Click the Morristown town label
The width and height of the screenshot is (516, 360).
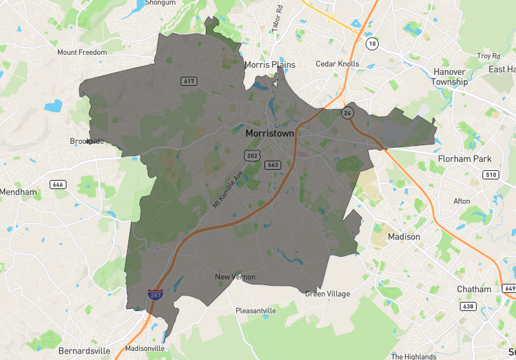[270, 134]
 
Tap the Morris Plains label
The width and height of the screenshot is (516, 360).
[270, 65]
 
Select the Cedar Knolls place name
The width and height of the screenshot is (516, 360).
[337, 64]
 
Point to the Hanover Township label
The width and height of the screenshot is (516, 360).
[450, 77]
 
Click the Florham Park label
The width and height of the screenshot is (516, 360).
[464, 159]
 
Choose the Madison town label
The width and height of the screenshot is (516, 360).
[404, 237]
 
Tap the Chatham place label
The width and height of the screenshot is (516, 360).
[474, 289]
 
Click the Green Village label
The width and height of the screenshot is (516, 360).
[328, 294]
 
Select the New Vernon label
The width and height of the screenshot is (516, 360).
[235, 277]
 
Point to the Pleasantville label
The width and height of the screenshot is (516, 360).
[256, 310]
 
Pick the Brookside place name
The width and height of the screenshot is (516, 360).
[86, 141]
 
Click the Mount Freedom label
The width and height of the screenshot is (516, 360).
[82, 52]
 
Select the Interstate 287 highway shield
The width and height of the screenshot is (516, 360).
[155, 294]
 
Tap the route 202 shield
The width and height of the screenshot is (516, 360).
[252, 155]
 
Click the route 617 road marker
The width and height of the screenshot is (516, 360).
[189, 81]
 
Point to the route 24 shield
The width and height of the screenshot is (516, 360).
[348, 113]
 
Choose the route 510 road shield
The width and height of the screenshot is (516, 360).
[491, 175]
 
